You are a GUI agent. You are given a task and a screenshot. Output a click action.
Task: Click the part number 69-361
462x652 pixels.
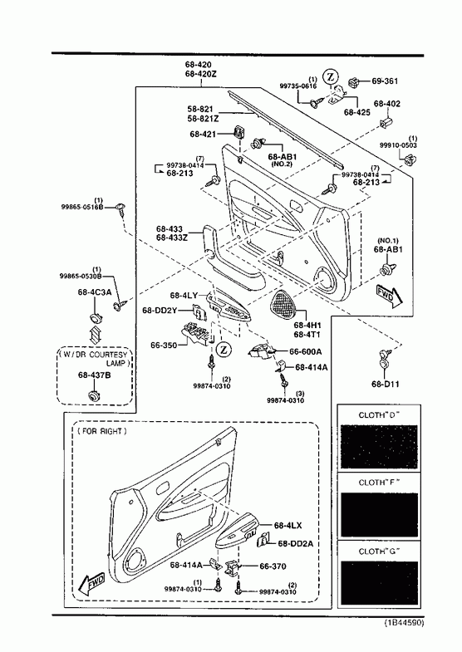tap(384, 81)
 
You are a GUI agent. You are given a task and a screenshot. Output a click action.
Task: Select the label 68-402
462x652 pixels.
tap(386, 104)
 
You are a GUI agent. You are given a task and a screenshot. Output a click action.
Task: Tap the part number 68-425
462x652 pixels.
tap(356, 112)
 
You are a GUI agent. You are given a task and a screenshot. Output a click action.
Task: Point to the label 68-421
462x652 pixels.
tap(203, 134)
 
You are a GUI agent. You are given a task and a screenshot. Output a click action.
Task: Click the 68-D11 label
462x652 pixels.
tap(385, 384)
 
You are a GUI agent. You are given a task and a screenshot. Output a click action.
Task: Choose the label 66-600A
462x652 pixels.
tap(305, 352)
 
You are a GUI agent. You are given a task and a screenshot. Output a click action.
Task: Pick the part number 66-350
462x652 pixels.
tap(164, 346)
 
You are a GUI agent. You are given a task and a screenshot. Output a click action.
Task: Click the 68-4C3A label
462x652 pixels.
tap(95, 292)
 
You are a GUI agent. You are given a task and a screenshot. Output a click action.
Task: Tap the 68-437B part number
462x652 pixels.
tap(95, 375)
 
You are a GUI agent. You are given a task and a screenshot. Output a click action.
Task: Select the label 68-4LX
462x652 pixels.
tap(288, 526)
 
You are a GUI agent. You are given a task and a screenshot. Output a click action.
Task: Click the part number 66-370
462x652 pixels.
tap(273, 566)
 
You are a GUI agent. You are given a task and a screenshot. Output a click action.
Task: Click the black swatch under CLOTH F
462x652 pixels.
tap(379, 515)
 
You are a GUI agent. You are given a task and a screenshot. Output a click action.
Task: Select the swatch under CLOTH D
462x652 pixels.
tap(379, 447)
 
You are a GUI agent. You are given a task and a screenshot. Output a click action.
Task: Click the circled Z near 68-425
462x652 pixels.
tap(332, 76)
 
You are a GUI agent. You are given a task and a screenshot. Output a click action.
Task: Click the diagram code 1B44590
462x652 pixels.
tap(403, 622)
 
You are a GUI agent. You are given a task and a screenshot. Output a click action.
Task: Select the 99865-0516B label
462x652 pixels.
tap(82, 207)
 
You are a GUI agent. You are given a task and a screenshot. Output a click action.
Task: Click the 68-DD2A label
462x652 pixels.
tap(295, 543)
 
